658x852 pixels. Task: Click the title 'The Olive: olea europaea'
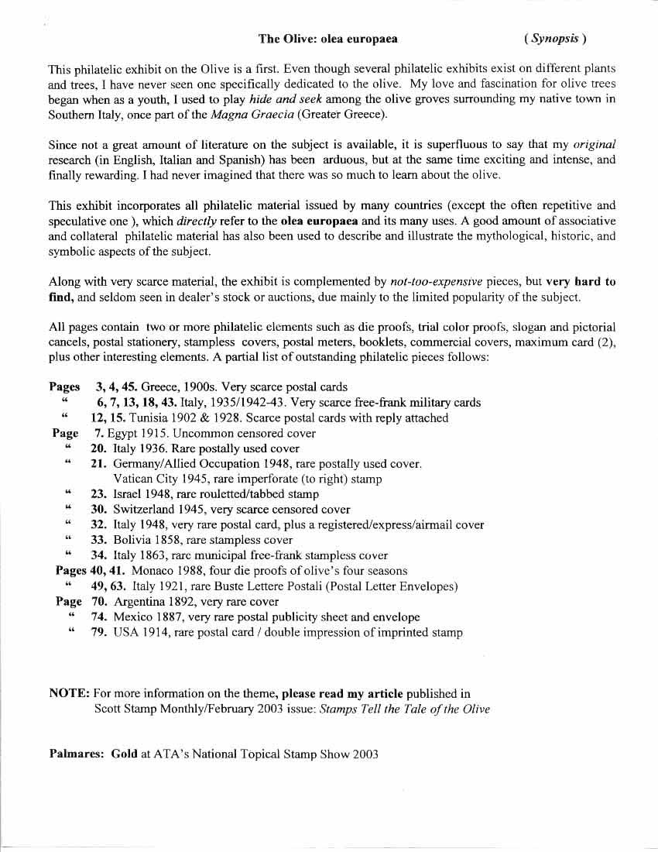tap(327, 38)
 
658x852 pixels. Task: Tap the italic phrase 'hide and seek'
tap(283, 99)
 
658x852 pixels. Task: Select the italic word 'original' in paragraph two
tap(595, 145)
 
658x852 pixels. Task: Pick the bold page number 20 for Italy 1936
tap(98, 448)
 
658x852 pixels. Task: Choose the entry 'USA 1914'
tap(139, 633)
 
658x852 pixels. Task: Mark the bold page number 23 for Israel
tap(98, 494)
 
